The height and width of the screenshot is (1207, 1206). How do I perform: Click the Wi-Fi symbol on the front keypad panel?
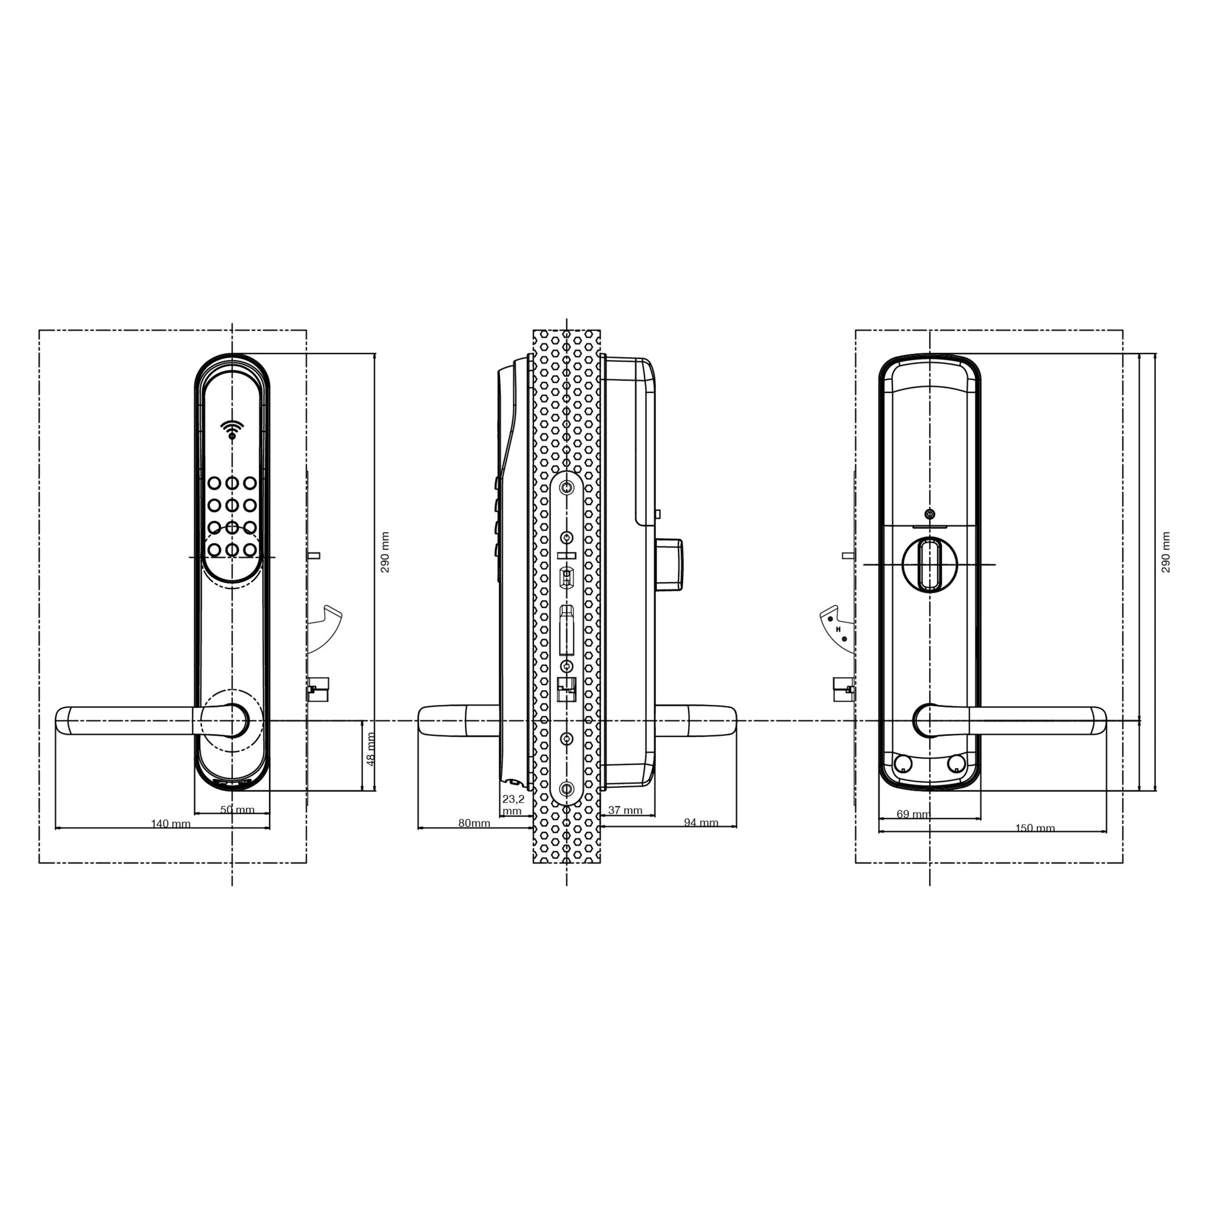click(232, 430)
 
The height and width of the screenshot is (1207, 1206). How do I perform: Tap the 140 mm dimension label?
click(170, 824)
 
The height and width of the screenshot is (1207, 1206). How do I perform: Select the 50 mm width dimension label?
click(237, 810)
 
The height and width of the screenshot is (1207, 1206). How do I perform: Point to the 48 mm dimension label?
click(371, 749)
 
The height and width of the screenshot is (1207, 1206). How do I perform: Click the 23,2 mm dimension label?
click(513, 805)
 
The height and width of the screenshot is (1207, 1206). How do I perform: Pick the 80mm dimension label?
click(474, 823)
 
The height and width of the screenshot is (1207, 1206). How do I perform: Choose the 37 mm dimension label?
click(625, 810)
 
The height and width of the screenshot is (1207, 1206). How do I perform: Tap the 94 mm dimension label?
click(701, 823)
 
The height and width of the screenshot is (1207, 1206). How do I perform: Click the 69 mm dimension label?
click(913, 814)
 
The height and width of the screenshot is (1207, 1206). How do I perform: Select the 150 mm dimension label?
click(1035, 828)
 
